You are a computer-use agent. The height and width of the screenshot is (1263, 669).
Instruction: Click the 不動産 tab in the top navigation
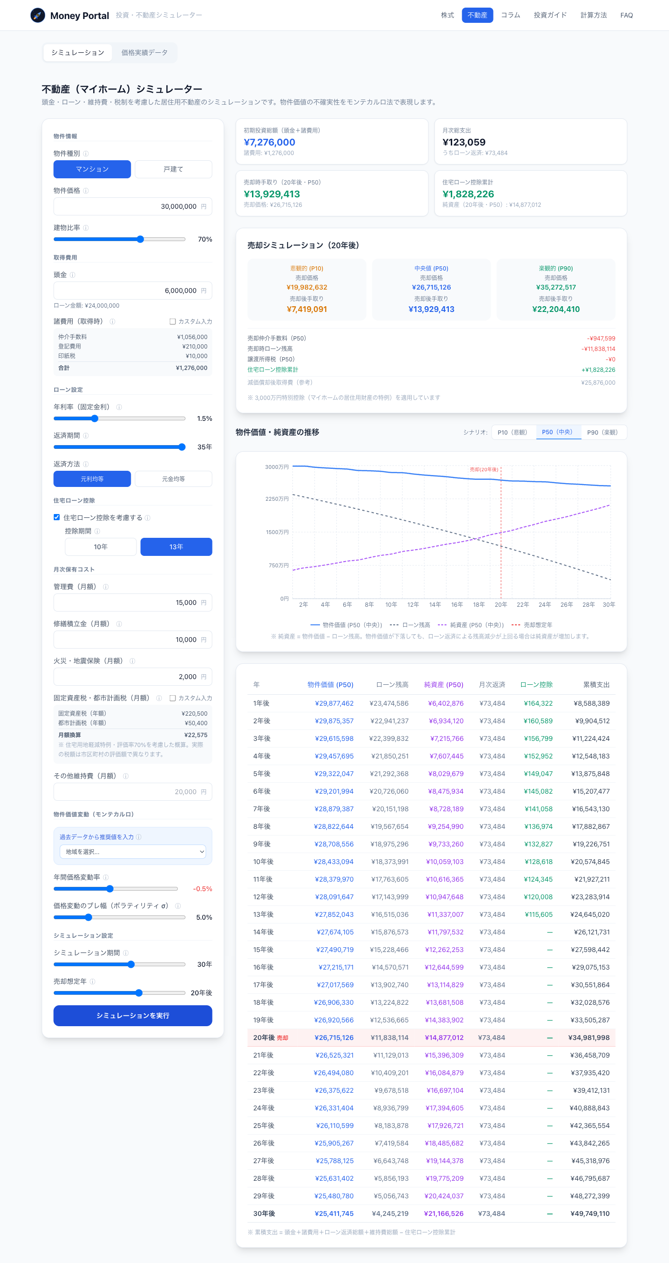click(477, 15)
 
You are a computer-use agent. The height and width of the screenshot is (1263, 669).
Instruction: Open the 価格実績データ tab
click(144, 52)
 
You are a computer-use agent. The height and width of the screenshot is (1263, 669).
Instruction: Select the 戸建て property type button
click(174, 169)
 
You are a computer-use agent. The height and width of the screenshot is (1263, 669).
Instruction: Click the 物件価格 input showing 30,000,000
click(133, 206)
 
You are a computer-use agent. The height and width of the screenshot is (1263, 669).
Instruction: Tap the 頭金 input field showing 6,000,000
click(133, 291)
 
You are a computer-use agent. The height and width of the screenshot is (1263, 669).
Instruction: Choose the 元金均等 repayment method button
click(174, 479)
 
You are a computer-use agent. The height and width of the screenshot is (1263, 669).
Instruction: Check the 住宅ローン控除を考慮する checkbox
click(57, 517)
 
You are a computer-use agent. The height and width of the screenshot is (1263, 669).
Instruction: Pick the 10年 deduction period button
click(100, 547)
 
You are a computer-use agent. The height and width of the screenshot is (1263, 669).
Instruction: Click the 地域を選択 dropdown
click(133, 852)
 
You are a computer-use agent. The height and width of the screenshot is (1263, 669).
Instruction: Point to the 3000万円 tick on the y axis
click(277, 467)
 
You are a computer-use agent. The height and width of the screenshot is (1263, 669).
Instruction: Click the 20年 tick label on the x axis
click(501, 604)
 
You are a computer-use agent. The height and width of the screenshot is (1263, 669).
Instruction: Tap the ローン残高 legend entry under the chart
click(410, 625)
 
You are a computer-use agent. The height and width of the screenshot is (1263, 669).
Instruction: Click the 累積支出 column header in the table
click(596, 684)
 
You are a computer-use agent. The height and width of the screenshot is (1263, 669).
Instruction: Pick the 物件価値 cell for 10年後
click(334, 862)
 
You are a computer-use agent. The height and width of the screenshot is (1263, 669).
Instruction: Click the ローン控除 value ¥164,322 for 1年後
click(538, 703)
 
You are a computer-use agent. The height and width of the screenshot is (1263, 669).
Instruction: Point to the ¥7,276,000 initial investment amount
click(270, 142)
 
